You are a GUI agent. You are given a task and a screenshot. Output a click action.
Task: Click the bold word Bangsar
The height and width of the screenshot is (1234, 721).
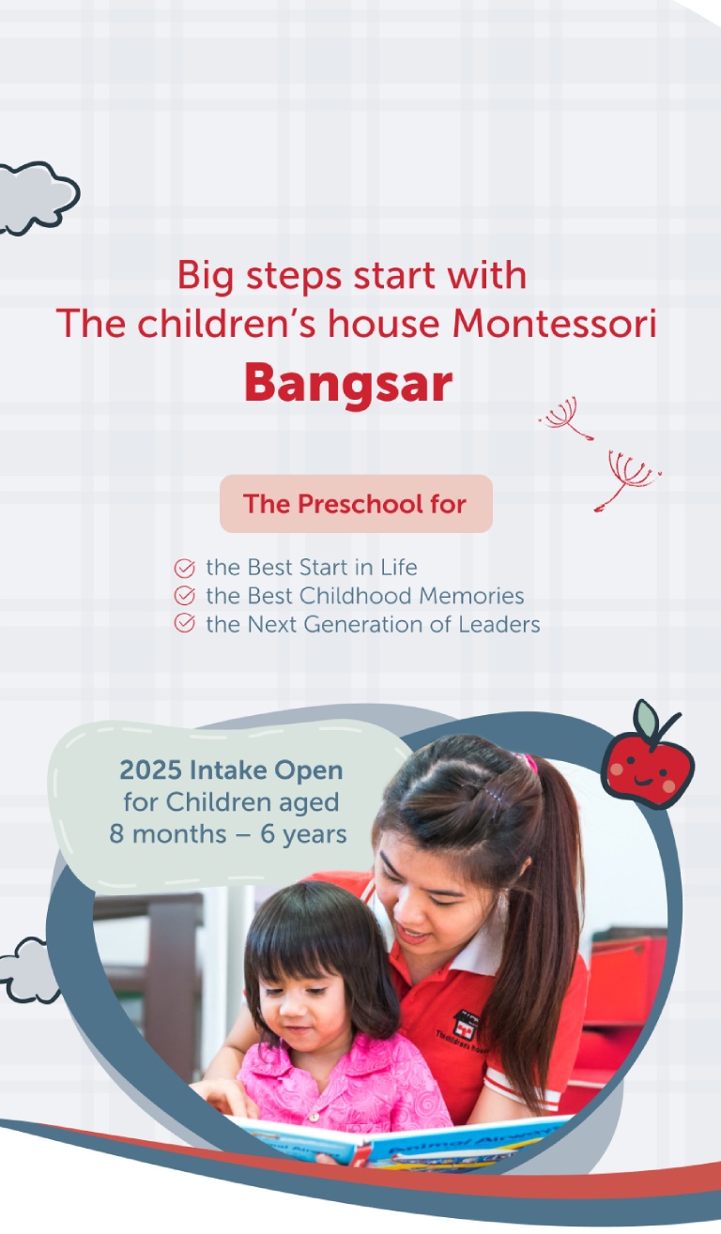coord(348,383)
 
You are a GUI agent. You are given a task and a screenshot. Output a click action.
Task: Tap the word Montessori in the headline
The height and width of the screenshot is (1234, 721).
coord(554,324)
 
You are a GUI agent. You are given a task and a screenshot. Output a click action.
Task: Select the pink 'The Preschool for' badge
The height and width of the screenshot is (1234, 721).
coord(356,504)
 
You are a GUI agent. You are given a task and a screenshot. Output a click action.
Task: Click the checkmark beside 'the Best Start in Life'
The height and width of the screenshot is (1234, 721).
coord(185,568)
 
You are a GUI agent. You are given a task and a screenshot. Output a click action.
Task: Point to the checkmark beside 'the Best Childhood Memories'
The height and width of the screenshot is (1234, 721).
coord(185,596)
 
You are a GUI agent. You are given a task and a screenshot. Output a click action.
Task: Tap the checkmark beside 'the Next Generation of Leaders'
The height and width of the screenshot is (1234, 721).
coord(185,624)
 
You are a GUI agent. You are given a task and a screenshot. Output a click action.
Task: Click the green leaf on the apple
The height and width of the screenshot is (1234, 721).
coord(647,720)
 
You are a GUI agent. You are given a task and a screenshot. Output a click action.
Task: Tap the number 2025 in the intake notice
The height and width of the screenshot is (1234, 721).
coord(150,771)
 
